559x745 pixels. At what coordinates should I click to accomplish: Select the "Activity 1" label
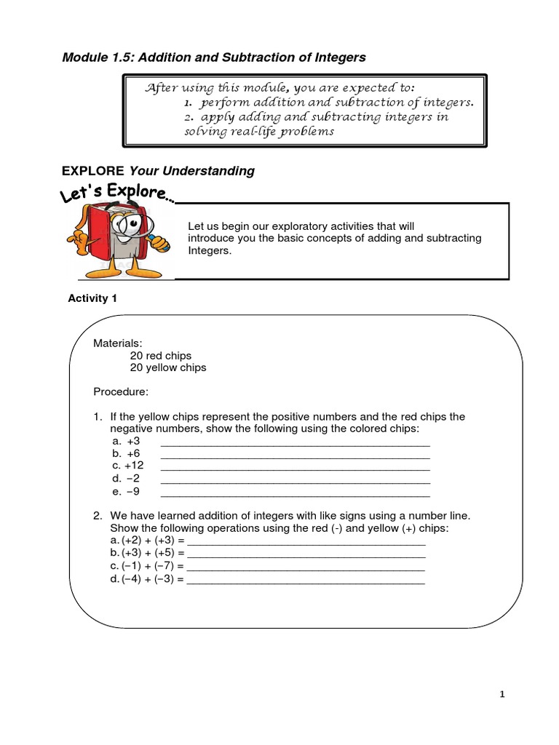92,298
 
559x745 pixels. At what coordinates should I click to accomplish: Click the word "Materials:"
118,343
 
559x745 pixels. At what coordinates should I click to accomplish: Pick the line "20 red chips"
161,356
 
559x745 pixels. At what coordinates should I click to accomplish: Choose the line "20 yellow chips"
168,367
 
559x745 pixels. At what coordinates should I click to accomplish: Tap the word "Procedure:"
121,392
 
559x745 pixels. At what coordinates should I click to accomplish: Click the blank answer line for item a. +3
295,442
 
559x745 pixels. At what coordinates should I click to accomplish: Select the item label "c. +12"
128,466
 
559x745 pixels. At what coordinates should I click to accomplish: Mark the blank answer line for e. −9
295,492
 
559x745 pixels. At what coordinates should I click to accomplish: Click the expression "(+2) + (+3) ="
147,541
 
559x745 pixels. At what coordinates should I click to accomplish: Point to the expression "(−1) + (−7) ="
147,566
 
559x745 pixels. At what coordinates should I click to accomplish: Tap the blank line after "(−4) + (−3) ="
306,580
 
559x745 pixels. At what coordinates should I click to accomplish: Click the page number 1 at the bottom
502,695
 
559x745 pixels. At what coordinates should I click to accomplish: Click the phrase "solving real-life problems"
259,132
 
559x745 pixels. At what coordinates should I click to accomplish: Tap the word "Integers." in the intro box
209,250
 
